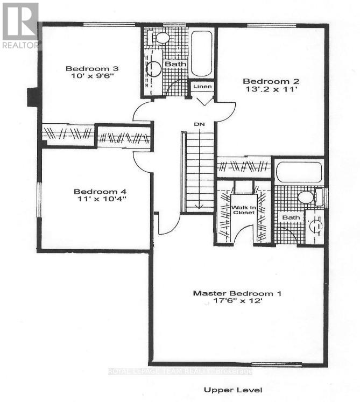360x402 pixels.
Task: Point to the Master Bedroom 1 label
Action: click(x=237, y=293)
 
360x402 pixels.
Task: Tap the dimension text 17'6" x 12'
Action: click(x=237, y=302)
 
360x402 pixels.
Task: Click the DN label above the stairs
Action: click(x=200, y=125)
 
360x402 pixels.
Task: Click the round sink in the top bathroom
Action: click(x=154, y=68)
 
